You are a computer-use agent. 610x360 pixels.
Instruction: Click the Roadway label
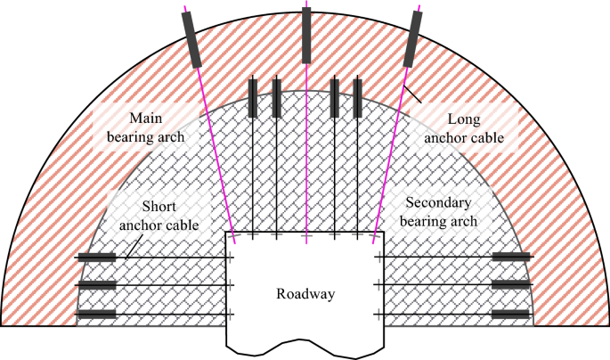click(305, 294)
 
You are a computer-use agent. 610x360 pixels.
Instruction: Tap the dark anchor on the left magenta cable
click(193, 41)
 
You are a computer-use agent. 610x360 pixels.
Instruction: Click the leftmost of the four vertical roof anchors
click(253, 98)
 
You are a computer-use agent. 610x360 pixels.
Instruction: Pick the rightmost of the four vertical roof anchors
click(358, 98)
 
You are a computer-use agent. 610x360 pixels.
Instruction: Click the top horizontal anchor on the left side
click(96, 258)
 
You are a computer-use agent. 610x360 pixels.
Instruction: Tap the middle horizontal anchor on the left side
click(96, 286)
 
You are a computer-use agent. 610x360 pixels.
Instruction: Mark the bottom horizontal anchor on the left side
click(96, 314)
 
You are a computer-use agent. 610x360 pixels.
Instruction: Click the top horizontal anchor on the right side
click(512, 258)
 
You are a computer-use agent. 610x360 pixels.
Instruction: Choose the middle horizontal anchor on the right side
click(512, 286)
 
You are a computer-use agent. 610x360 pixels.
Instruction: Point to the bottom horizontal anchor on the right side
click(512, 314)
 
